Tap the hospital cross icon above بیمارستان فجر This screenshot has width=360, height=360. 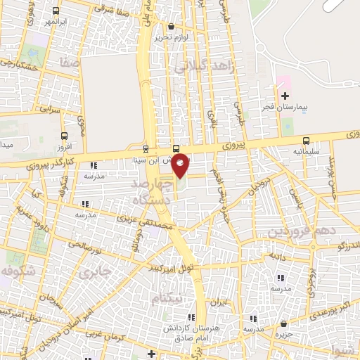pos(285,96)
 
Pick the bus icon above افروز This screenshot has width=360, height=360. pos(65,136)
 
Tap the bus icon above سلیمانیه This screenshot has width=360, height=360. pos(306,141)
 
